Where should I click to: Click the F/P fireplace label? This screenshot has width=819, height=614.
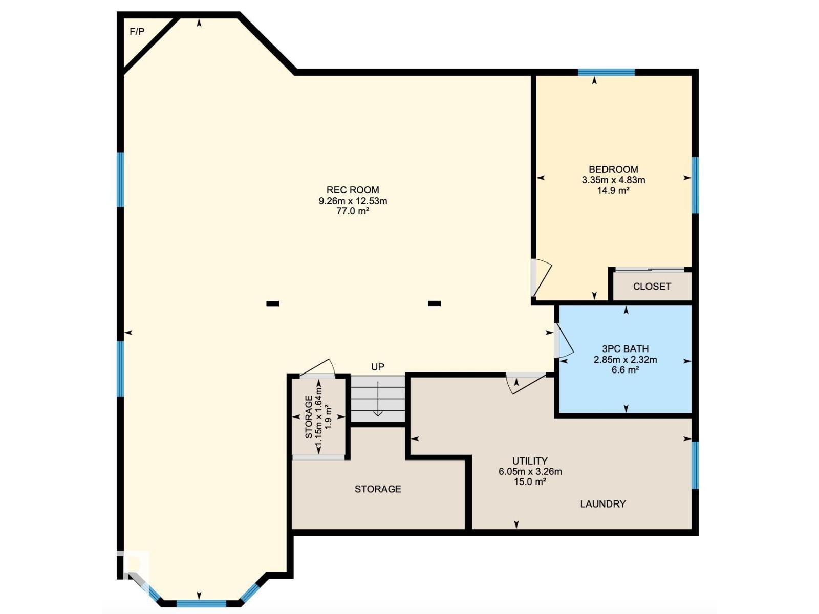pyautogui.click(x=137, y=32)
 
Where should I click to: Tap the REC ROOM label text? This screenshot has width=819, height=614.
pyautogui.click(x=353, y=190)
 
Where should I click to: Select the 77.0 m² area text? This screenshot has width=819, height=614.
pyautogui.click(x=353, y=211)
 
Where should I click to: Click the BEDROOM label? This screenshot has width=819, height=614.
pyautogui.click(x=613, y=170)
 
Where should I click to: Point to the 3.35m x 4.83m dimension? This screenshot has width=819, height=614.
pyautogui.click(x=613, y=180)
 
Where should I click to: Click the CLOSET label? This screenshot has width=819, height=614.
pyautogui.click(x=652, y=287)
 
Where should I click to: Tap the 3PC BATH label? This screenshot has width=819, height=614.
pyautogui.click(x=626, y=349)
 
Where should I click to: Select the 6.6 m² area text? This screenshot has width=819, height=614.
pyautogui.click(x=626, y=370)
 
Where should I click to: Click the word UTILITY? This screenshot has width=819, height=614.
pyautogui.click(x=530, y=461)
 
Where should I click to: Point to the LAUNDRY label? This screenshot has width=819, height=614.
pyautogui.click(x=603, y=504)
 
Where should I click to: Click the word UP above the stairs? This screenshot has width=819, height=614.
pyautogui.click(x=378, y=367)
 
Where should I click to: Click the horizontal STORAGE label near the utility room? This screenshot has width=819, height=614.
pyautogui.click(x=378, y=489)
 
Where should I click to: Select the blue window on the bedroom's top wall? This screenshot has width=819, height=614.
pyautogui.click(x=607, y=72)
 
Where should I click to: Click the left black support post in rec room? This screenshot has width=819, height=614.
pyautogui.click(x=272, y=304)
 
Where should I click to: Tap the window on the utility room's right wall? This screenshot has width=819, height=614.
pyautogui.click(x=695, y=465)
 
